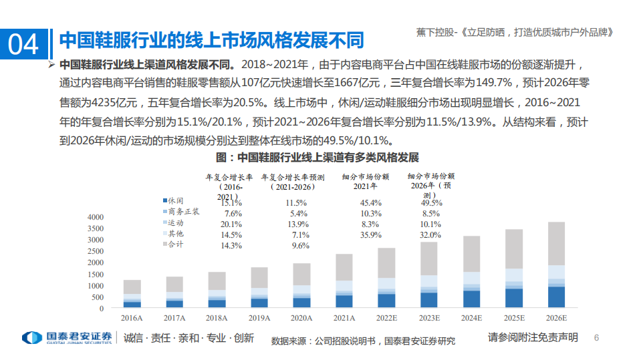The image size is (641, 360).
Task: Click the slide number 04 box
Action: (25, 44)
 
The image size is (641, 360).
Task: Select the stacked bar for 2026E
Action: (556, 265)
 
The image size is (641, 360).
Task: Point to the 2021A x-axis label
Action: (344, 319)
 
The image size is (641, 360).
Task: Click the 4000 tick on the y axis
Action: (96, 217)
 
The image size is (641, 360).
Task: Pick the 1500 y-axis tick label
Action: (96, 275)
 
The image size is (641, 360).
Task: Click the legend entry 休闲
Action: (175, 201)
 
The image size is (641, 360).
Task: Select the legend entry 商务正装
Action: (183, 212)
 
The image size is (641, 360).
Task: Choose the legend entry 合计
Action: (175, 244)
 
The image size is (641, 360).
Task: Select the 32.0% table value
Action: (431, 235)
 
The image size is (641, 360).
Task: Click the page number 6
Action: (598, 338)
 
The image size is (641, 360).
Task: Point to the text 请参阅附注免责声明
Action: (533, 338)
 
